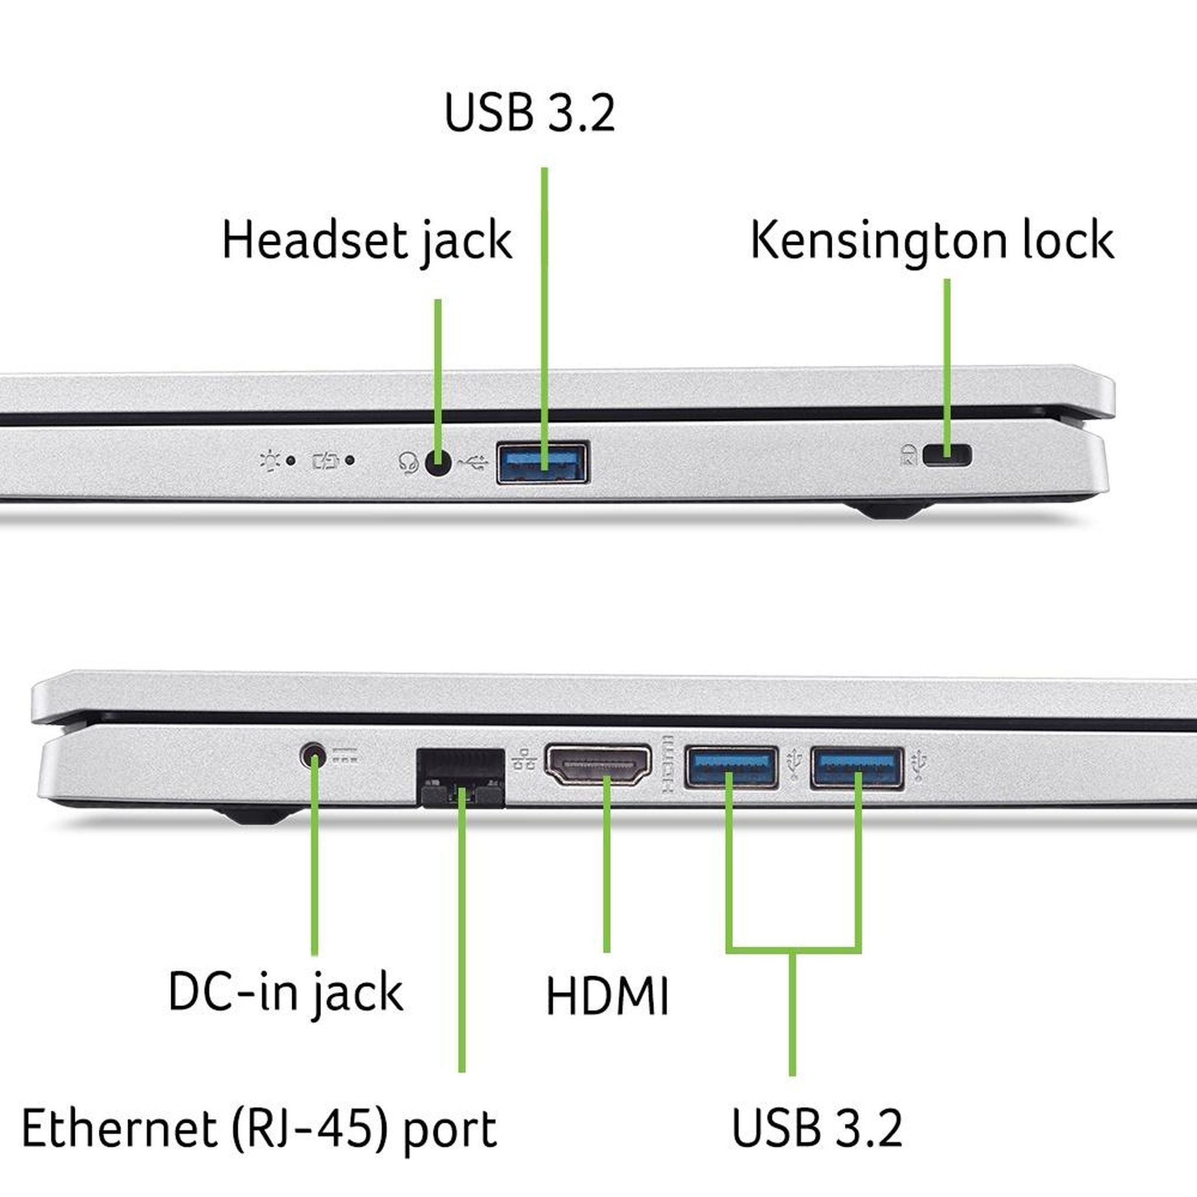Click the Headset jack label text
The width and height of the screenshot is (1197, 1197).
(367, 241)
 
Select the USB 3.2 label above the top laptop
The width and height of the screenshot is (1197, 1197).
(530, 112)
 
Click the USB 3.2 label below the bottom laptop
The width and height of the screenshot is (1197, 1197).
(817, 1127)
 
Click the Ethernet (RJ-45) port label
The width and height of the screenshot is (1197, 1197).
(259, 1129)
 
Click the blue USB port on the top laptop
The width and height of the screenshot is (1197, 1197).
(543, 462)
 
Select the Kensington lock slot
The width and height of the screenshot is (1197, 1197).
(947, 456)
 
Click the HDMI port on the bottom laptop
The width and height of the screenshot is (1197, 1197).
(598, 766)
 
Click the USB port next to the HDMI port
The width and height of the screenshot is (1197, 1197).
(731, 768)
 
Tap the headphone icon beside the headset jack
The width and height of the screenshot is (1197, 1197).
(409, 463)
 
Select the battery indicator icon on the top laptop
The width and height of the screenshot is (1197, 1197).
(326, 461)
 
